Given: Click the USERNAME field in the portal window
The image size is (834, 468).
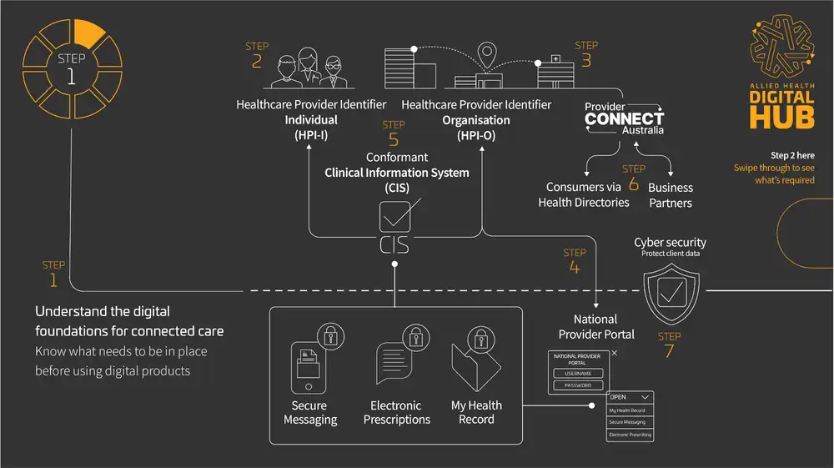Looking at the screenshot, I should pyautogui.click(x=578, y=373).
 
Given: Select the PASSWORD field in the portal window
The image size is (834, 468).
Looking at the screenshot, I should pyautogui.click(x=578, y=385).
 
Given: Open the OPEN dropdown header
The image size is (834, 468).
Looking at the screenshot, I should pyautogui.click(x=630, y=397).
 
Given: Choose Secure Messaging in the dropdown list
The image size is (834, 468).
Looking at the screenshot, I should pyautogui.click(x=630, y=423).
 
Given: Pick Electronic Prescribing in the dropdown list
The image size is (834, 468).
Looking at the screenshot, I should pyautogui.click(x=630, y=435).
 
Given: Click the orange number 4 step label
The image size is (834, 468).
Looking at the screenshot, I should pyautogui.click(x=575, y=268).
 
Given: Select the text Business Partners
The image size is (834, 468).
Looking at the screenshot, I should pyautogui.click(x=670, y=195).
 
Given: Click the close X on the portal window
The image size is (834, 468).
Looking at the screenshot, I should pyautogui.click(x=615, y=354).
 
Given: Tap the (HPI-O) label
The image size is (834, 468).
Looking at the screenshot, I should pyautogui.click(x=476, y=135).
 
